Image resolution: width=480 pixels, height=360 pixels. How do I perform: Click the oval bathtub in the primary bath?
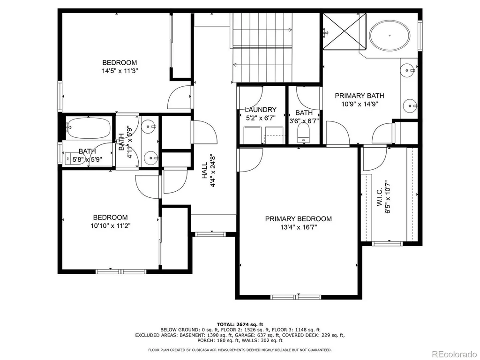coord(390,36)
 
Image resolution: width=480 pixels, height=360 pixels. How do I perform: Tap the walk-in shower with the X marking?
coord(345,31)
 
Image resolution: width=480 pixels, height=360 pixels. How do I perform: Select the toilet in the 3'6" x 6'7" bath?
coord(304,133)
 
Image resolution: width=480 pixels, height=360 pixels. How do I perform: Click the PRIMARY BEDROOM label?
coord(298,219)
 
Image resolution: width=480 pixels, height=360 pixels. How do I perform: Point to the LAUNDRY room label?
coord(261,110)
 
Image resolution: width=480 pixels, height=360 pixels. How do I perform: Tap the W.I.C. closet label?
coord(380,197)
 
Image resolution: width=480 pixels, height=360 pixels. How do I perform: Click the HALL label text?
coord(204,170)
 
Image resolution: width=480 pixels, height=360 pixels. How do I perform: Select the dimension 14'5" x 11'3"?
coord(120,71)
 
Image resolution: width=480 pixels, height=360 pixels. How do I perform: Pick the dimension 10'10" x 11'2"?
coord(111,226)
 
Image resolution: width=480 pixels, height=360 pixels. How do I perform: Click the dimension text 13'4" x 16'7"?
coord(299,227)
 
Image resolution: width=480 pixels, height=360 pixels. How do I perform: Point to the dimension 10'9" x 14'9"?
coord(360,104)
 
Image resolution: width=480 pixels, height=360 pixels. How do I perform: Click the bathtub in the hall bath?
coord(89,127)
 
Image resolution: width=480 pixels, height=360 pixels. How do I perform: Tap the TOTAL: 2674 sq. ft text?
coord(240,324)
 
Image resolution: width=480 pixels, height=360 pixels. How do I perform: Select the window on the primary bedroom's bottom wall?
coord(296,297)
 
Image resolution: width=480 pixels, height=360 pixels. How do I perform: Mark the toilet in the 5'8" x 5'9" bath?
coord(75,158)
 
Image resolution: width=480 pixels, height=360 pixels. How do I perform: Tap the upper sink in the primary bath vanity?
coord(409,70)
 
